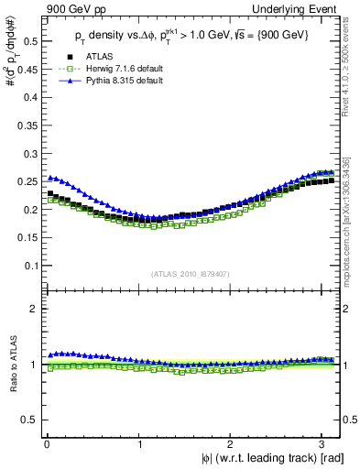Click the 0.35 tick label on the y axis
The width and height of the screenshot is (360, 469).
(25, 125)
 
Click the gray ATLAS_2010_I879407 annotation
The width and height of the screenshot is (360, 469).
(191, 273)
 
